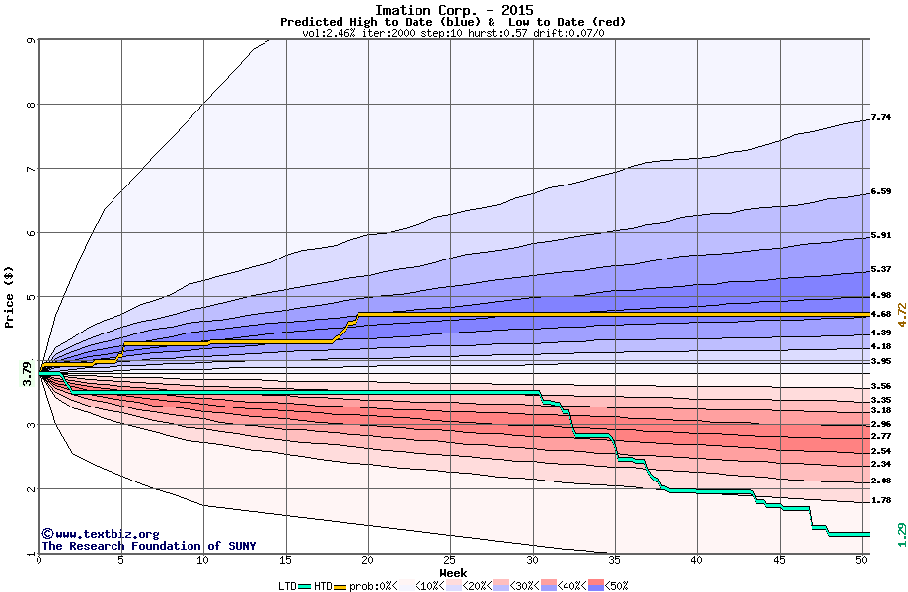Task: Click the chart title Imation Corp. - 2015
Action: [x=453, y=10]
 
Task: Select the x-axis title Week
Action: [x=453, y=572]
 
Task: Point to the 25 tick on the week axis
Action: [x=450, y=560]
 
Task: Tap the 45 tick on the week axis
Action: [x=780, y=560]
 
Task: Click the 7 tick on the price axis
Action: [x=30, y=169]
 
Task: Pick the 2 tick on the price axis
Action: [x=30, y=489]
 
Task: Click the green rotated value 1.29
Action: [x=900, y=533]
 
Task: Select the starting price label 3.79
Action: [x=27, y=371]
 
